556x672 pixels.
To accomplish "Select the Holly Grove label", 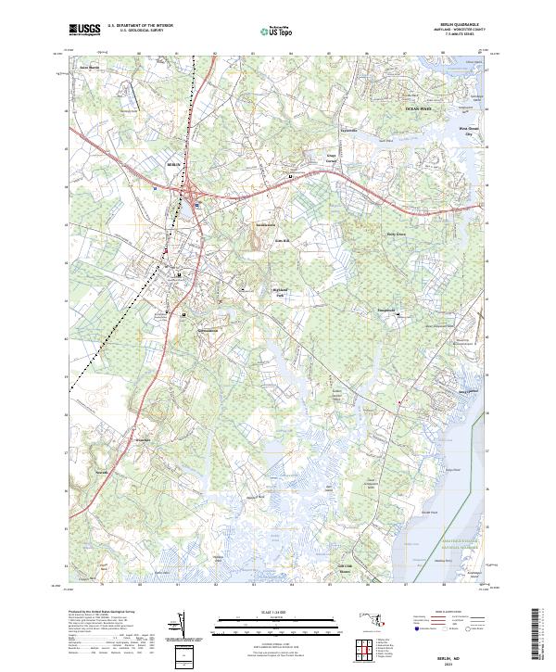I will [397, 234].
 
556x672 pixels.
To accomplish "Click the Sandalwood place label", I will [267, 225].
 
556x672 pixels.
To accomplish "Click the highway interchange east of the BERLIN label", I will [196, 193].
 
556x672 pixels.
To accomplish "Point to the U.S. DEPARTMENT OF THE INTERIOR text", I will [140, 26].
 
